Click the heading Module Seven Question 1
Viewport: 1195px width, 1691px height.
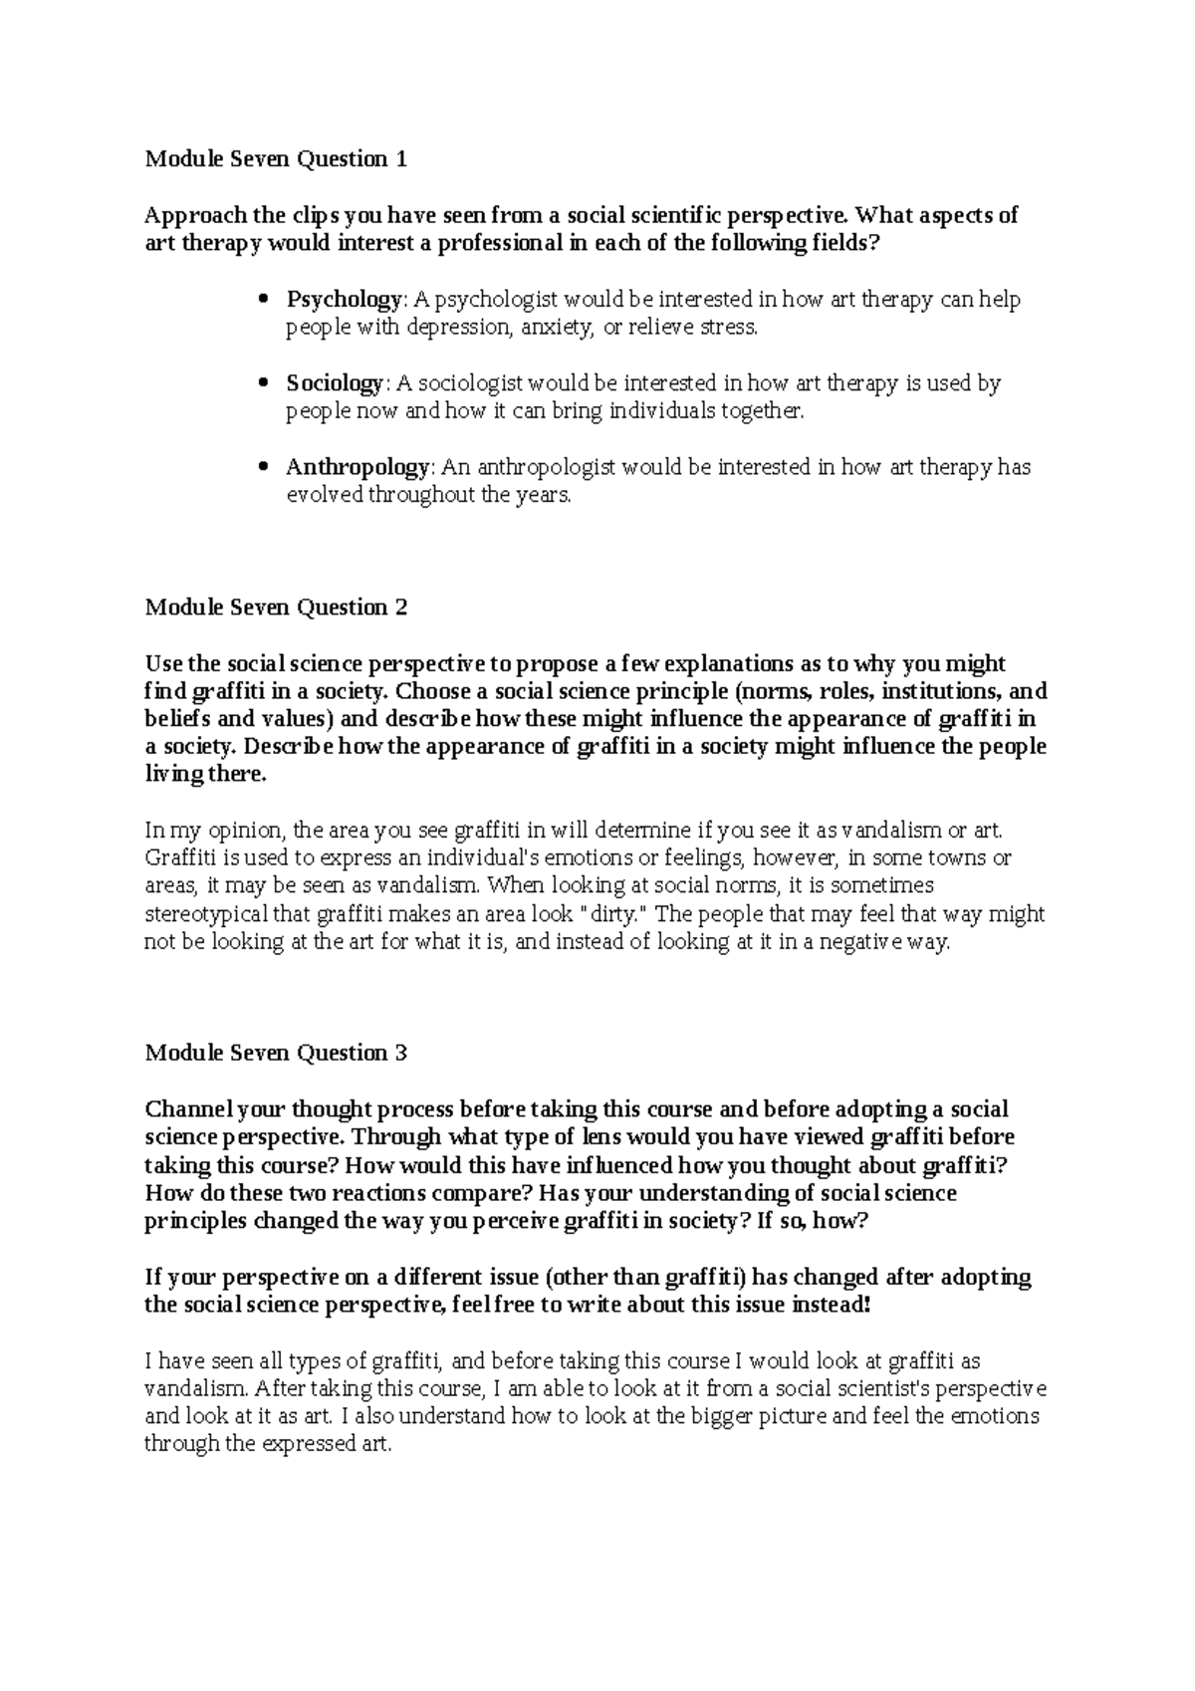pyautogui.click(x=276, y=158)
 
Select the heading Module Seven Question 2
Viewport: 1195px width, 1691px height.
pyautogui.click(x=276, y=606)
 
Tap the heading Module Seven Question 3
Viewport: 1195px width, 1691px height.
pyautogui.click(x=276, y=1053)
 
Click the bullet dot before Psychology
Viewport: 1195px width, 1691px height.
pyautogui.click(x=263, y=299)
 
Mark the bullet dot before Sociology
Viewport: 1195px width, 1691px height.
pyautogui.click(x=263, y=383)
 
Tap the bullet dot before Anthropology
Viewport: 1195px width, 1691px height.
pyautogui.click(x=263, y=467)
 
